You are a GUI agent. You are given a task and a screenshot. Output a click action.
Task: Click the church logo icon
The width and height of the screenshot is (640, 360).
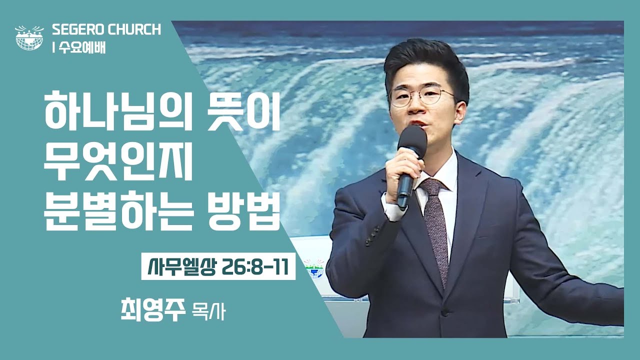coord(29,37)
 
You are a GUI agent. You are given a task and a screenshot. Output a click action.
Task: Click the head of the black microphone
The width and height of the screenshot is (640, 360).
coord(412,139)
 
